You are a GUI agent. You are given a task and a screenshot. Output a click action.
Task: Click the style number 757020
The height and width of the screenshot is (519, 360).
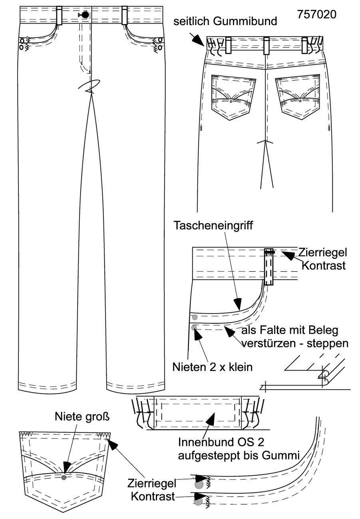pos(316,15)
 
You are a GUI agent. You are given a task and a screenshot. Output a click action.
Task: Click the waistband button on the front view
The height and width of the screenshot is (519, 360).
pos(85,15)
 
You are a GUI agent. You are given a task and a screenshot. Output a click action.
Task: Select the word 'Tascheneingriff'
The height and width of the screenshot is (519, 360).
pos(213,226)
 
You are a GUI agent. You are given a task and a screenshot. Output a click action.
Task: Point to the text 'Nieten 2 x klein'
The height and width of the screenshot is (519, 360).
pos(213,367)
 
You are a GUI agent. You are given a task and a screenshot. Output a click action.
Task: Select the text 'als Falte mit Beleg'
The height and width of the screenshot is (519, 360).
pos(290,331)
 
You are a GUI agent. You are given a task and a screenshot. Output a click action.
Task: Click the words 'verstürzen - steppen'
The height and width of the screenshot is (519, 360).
pos(295,343)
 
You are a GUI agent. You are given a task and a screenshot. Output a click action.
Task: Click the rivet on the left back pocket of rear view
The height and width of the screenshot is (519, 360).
pos(231,101)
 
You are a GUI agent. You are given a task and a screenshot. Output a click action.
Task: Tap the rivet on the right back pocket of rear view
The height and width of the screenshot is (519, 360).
pos(300,101)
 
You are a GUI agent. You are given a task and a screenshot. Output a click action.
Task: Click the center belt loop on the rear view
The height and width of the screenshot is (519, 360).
pos(266,46)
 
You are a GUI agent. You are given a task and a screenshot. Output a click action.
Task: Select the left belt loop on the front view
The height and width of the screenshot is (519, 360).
pos(60,16)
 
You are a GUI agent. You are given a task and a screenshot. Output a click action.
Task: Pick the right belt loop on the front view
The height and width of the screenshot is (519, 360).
pos(125,15)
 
